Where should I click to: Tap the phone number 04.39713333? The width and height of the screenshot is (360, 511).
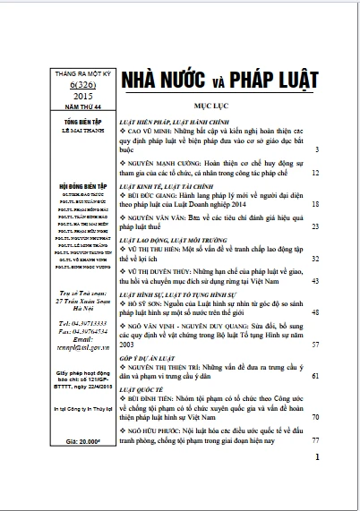pos(63,320)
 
